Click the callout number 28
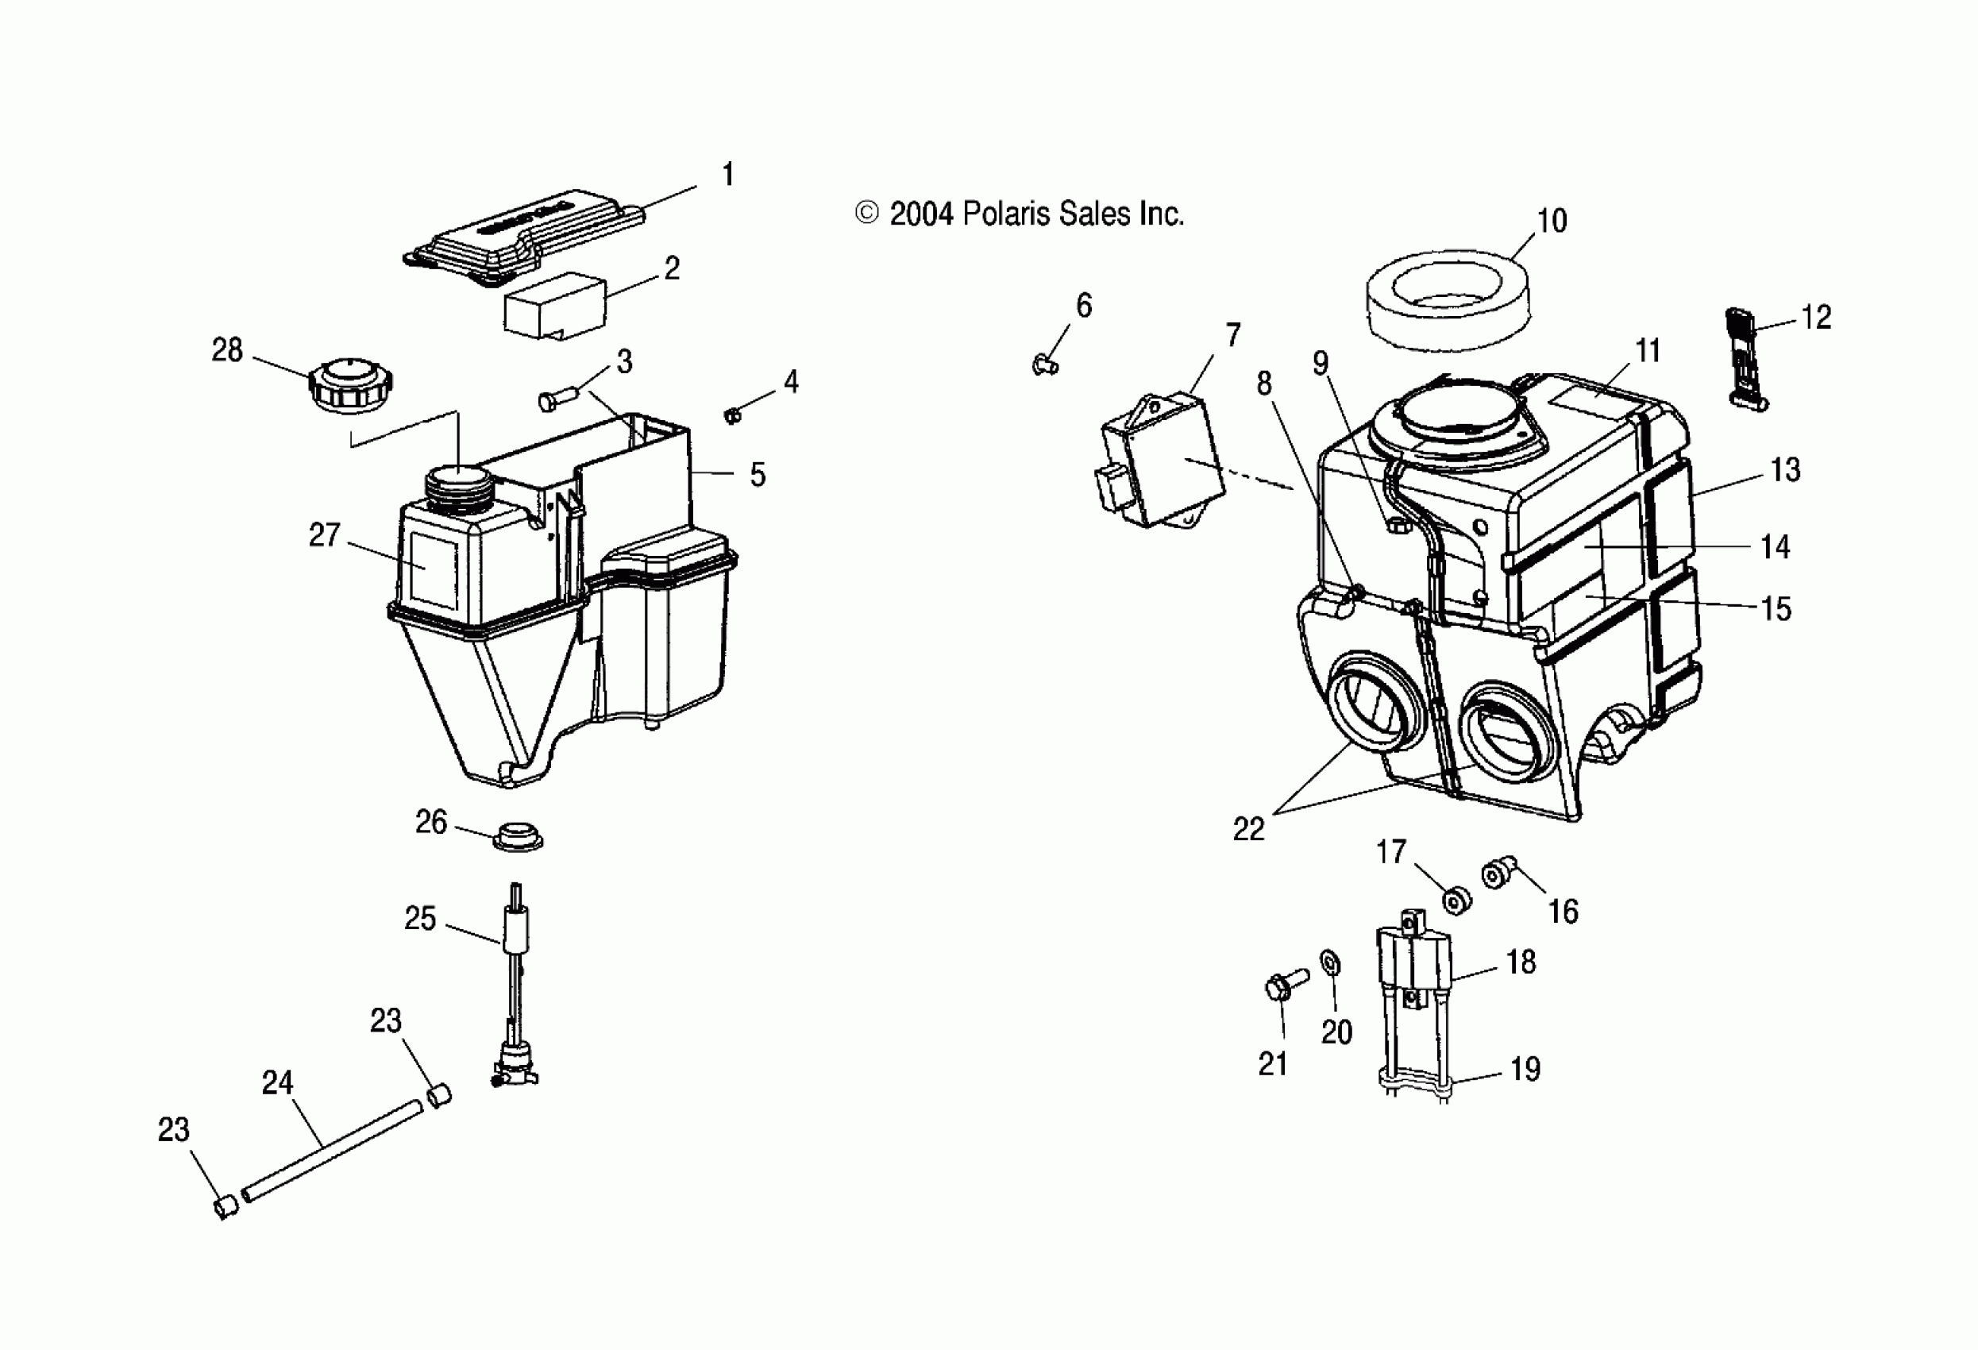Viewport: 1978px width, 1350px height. [227, 350]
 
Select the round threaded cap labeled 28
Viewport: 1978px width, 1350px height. [350, 388]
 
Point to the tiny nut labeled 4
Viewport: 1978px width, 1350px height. [731, 415]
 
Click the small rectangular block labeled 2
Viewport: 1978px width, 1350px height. [555, 305]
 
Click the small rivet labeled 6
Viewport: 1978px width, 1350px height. [1046, 364]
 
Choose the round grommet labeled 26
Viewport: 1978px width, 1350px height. [518, 837]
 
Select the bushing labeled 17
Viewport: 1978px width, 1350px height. [1456, 900]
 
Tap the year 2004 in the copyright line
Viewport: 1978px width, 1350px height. [921, 214]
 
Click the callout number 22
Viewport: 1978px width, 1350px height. [1248, 829]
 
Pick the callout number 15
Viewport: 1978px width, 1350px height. [1776, 609]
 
